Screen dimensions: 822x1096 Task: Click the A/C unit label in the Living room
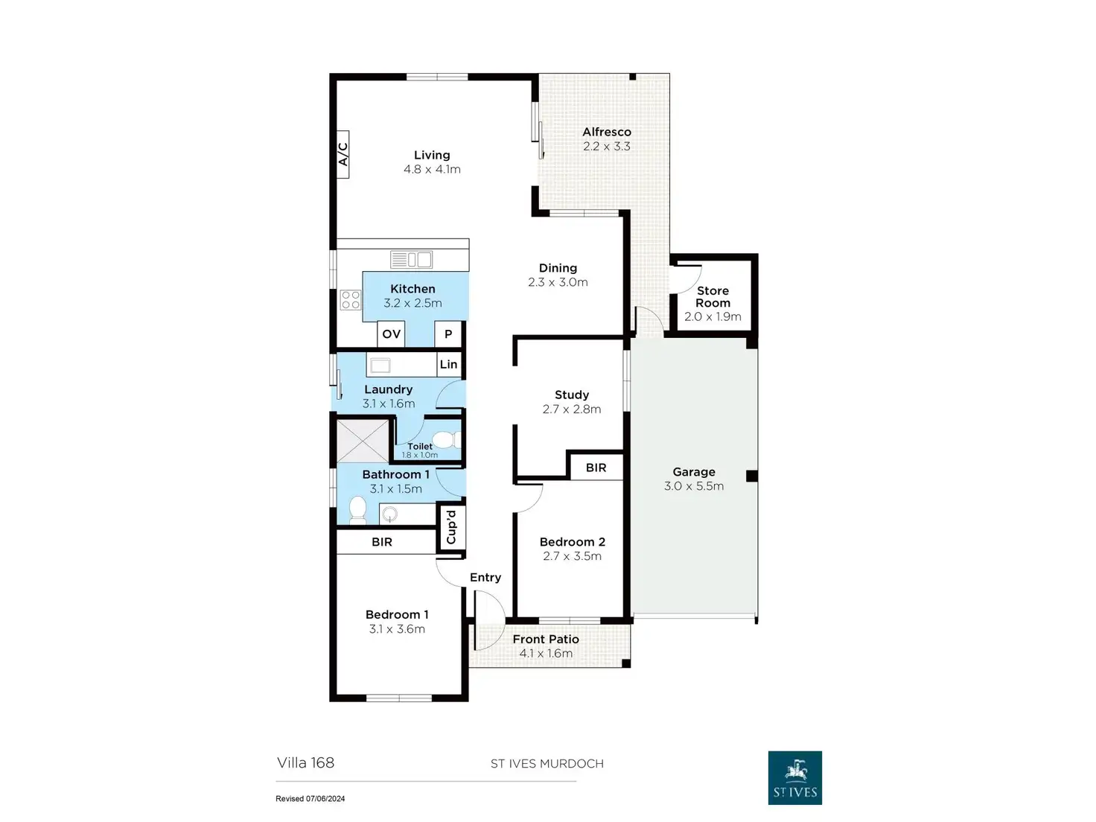[x=343, y=155]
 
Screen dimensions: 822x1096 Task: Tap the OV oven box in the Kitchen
[x=391, y=334]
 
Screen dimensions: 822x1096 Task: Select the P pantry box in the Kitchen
[x=448, y=334]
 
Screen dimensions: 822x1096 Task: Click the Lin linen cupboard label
[x=448, y=364]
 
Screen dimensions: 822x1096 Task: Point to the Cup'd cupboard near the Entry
[x=450, y=526]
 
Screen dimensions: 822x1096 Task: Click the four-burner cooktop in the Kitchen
[x=350, y=300]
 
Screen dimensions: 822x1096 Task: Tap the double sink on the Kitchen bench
[x=411, y=260]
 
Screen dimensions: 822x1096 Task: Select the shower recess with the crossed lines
[x=363, y=441]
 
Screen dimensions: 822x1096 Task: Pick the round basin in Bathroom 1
[x=389, y=514]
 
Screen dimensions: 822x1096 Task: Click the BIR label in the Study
[x=596, y=468]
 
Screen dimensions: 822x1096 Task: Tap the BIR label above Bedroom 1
[x=382, y=542]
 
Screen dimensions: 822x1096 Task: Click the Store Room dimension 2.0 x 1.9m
[x=713, y=316]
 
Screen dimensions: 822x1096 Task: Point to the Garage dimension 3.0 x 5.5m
[x=693, y=486]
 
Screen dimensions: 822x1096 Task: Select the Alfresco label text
[x=607, y=132]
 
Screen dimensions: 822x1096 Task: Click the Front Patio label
[x=546, y=640]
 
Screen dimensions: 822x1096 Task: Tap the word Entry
[x=485, y=578]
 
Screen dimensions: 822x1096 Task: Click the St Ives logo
[x=794, y=777]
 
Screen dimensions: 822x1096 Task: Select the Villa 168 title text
[x=305, y=762]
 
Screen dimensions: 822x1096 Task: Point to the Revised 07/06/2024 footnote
[x=310, y=799]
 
